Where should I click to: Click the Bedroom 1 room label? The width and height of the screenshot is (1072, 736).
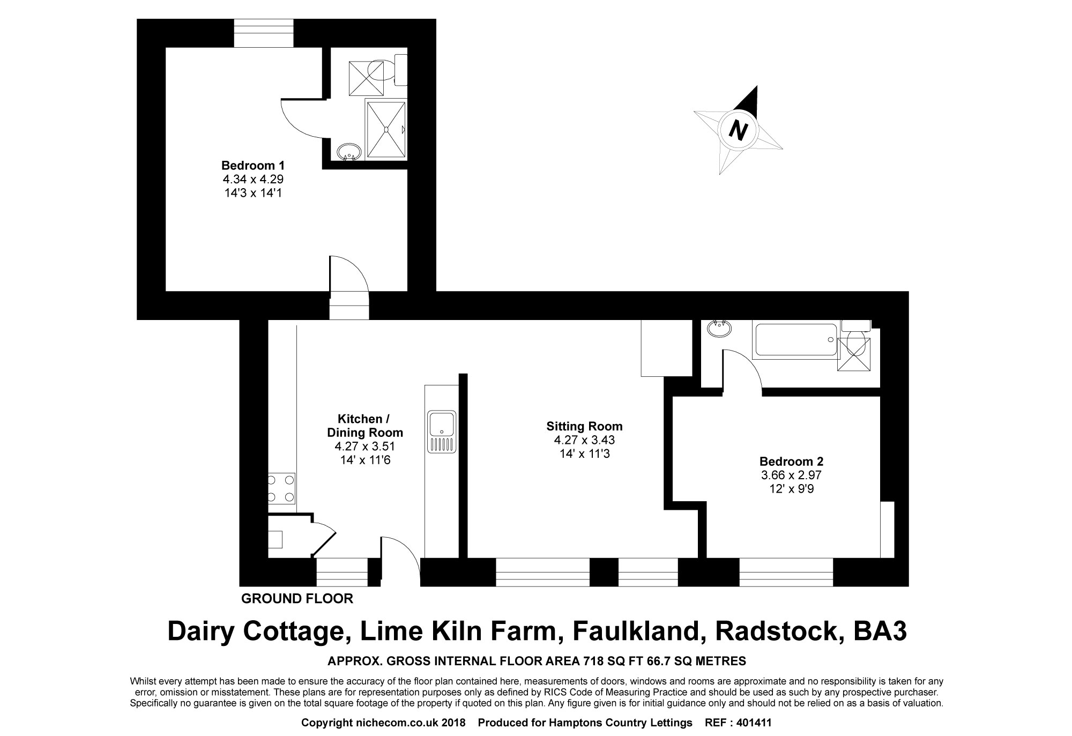click(x=253, y=165)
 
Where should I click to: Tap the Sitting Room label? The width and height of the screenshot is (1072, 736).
click(x=584, y=426)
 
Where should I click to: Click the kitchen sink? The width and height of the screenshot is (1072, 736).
click(x=442, y=432)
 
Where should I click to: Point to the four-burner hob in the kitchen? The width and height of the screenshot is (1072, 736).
click(x=281, y=488)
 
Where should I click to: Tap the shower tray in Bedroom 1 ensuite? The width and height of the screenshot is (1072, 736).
click(x=385, y=128)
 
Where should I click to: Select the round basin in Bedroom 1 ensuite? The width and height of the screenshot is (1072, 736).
click(x=349, y=152)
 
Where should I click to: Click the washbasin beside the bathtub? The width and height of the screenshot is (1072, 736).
click(x=719, y=328)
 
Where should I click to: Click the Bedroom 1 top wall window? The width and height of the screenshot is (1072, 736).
click(x=264, y=33)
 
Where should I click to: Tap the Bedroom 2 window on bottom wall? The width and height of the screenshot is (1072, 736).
click(x=786, y=572)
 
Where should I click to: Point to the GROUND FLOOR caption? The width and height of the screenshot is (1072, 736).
click(x=297, y=599)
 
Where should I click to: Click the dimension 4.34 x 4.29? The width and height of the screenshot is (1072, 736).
click(x=253, y=179)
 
